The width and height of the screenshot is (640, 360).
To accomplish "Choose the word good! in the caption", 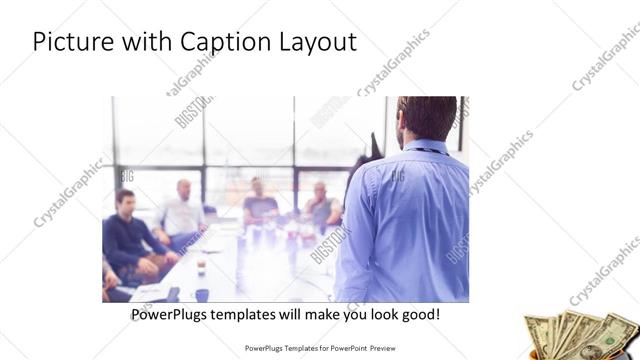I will (417, 315).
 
